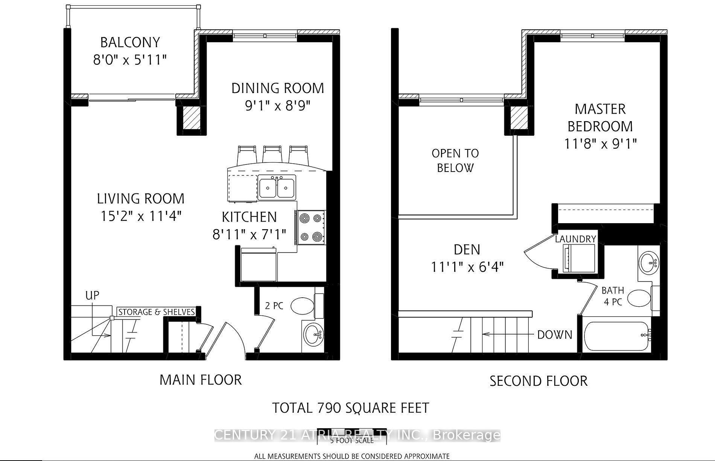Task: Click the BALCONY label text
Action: click(130, 42)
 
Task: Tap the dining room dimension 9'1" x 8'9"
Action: click(278, 106)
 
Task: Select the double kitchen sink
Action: click(277, 187)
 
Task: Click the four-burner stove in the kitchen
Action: click(311, 227)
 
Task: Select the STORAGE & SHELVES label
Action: click(157, 312)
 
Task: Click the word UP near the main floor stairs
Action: click(92, 295)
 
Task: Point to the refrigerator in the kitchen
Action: click(259, 265)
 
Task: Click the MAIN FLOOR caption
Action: click(201, 380)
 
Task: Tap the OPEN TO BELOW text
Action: click(455, 160)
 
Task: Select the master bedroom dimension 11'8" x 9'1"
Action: click(600, 144)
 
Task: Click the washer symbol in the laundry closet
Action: click(578, 258)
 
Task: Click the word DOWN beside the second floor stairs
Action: click(554, 335)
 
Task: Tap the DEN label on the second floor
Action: click(467, 250)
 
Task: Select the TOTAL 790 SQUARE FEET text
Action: click(350, 408)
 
